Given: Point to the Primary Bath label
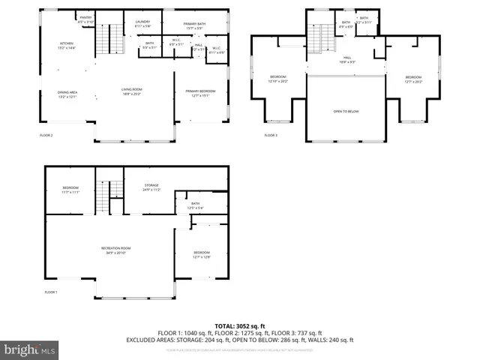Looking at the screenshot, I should tap(194, 24).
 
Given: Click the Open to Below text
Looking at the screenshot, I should tap(346, 111).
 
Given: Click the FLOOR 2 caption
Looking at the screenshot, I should tap(46, 135).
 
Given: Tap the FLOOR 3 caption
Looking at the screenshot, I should tap(271, 135).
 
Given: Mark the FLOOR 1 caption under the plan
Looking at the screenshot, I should tap(51, 291).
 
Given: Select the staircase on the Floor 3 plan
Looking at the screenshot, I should tap(323, 37).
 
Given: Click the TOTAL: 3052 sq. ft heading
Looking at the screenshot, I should tap(239, 325).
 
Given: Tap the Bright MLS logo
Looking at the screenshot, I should tap(30, 349).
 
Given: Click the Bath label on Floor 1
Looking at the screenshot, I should tap(195, 205).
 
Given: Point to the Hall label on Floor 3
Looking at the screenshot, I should tap(347, 58).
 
